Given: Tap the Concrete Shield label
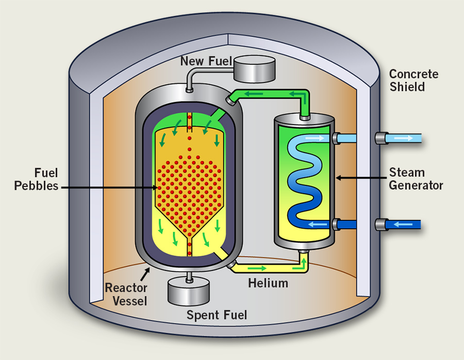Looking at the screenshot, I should pyautogui.click(x=414, y=80).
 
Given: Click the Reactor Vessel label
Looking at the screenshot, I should pyautogui.click(x=126, y=294).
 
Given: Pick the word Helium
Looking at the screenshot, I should pyautogui.click(x=268, y=283).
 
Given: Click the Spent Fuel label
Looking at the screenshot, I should pyautogui.click(x=217, y=315).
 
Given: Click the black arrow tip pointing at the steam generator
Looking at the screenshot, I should pyautogui.click(x=337, y=178).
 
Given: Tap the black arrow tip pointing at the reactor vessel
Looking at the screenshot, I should pyautogui.click(x=150, y=268).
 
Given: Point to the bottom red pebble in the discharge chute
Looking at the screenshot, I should pyautogui.click(x=189, y=253).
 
